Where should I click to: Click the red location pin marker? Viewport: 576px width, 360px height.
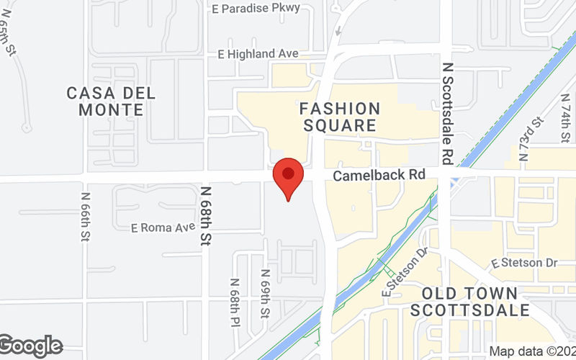(288, 176)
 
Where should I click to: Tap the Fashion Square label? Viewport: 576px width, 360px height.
(340, 117)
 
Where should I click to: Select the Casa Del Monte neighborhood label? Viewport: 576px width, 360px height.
(112, 102)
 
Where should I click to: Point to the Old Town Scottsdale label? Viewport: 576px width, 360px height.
(469, 302)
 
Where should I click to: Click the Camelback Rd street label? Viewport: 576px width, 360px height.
(379, 175)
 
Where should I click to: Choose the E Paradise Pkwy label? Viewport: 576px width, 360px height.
(256, 9)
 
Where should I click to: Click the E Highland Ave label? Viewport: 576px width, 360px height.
(258, 54)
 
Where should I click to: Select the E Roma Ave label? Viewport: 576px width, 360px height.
(163, 228)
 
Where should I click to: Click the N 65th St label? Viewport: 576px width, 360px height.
(9, 43)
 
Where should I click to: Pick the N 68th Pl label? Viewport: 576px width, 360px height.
(235, 302)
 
